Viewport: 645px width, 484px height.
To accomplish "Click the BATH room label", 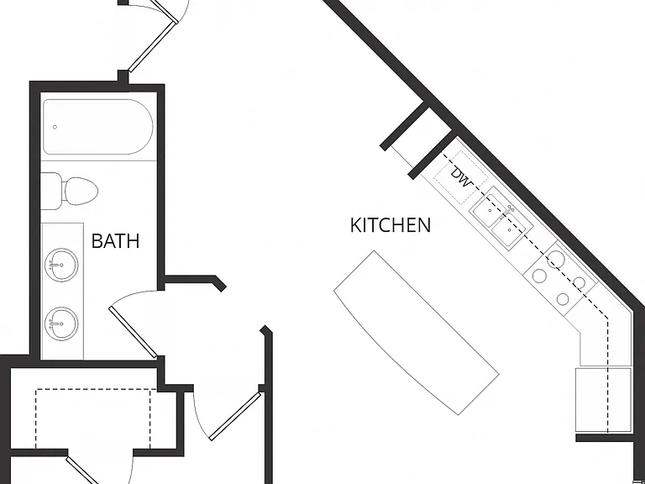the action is (116, 241).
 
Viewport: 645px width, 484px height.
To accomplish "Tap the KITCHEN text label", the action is (391, 225).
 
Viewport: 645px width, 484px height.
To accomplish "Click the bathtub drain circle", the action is (55, 127).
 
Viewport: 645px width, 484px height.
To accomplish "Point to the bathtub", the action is (98, 127).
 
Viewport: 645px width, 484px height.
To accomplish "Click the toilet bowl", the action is (81, 192).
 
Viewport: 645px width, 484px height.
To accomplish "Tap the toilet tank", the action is (51, 191).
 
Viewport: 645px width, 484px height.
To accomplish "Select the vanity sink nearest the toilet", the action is (61, 265).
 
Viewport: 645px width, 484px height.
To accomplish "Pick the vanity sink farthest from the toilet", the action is (61, 324).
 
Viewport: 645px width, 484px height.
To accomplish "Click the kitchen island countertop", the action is (417, 332).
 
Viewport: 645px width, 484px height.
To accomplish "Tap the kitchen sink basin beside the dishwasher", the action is (490, 210).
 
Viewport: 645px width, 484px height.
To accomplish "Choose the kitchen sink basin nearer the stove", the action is (509, 230).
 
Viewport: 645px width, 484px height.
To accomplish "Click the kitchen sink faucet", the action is (508, 211).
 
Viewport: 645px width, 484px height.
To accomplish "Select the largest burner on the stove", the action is (556, 260).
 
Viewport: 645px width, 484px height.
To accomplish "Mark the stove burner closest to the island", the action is (539, 276).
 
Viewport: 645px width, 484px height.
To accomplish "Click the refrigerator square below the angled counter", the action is (603, 400).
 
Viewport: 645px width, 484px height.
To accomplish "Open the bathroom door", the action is (133, 332).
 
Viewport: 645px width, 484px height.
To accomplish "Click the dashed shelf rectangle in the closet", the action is (93, 418).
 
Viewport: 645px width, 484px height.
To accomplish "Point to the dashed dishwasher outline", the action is (461, 178).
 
